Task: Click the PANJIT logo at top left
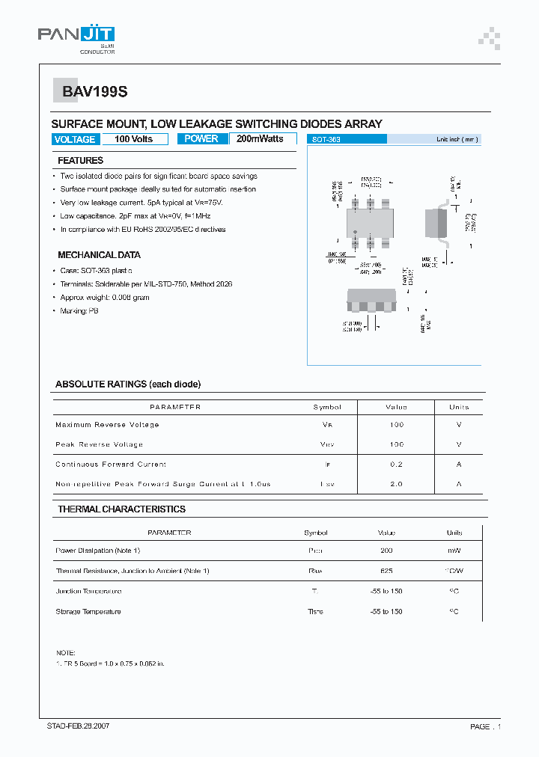pyautogui.click(x=76, y=37)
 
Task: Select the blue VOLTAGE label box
pyautogui.click(x=75, y=139)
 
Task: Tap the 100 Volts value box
pyautogui.click(x=133, y=139)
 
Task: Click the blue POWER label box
pyautogui.click(x=201, y=139)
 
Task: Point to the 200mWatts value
pyautogui.click(x=260, y=139)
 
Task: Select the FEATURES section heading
pyautogui.click(x=81, y=161)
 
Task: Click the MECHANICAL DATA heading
pyautogui.click(x=99, y=255)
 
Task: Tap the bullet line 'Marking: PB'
pyautogui.click(x=79, y=310)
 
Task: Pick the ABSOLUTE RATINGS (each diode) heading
pyautogui.click(x=128, y=384)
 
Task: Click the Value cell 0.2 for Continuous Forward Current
pyautogui.click(x=396, y=465)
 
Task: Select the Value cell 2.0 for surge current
pyautogui.click(x=396, y=485)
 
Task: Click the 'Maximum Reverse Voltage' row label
pyautogui.click(x=107, y=425)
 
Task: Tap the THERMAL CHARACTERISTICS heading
pyautogui.click(x=121, y=509)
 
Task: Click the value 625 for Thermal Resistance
pyautogui.click(x=386, y=571)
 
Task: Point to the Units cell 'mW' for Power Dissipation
pyautogui.click(x=454, y=551)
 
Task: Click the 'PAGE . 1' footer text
pyautogui.click(x=485, y=727)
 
